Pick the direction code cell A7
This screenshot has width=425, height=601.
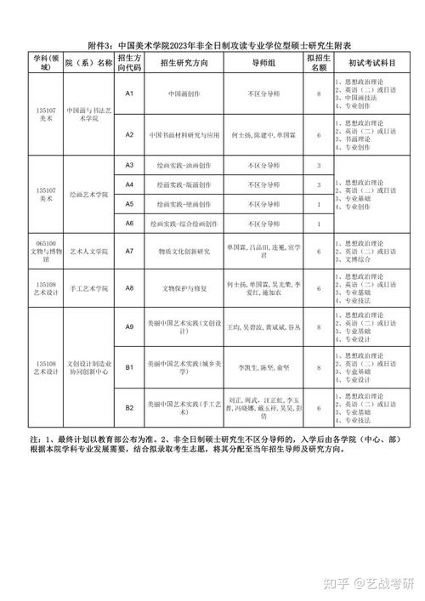point(130,251)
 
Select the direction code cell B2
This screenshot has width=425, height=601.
point(130,407)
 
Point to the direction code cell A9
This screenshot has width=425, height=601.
point(130,327)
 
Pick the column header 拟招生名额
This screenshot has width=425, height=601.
point(318,62)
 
